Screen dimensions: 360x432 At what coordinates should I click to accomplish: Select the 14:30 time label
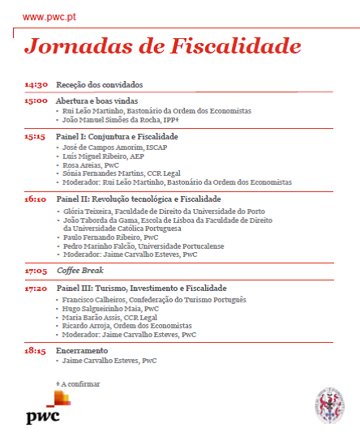click(36, 84)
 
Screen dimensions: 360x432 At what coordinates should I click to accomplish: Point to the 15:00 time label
click(36, 101)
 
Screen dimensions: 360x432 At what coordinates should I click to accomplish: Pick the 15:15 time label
click(36, 136)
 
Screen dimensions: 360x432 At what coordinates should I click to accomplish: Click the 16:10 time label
click(36, 199)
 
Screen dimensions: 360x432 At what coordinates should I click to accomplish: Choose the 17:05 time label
click(36, 271)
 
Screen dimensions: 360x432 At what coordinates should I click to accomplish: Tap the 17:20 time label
click(36, 288)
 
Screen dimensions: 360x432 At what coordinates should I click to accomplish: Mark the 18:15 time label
click(36, 350)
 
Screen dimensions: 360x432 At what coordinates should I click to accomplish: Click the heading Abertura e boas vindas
click(96, 101)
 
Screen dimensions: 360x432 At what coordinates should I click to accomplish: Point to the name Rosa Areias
click(79, 165)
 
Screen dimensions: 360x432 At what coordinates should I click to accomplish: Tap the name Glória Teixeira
click(84, 210)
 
